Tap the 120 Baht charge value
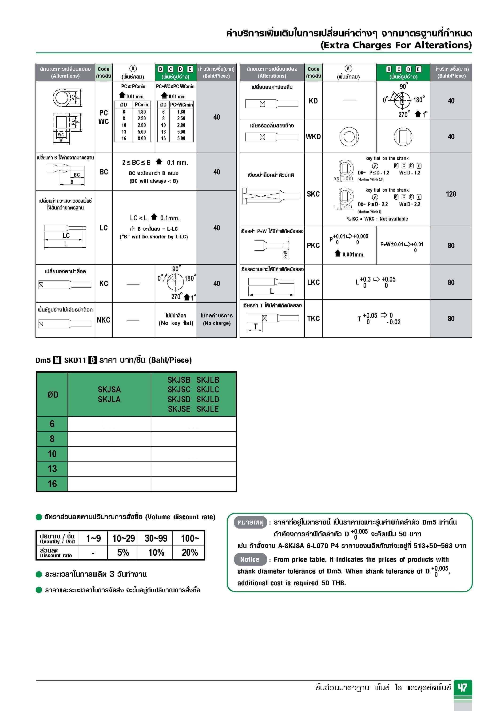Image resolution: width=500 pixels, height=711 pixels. point(451,194)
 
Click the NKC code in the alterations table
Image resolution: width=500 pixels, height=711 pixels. point(103,320)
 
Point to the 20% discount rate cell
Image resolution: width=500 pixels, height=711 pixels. point(190,553)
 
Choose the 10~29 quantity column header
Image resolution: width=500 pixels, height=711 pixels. point(123,538)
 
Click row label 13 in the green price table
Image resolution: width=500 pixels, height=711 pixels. point(52,469)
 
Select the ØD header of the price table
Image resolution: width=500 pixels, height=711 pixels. point(53,395)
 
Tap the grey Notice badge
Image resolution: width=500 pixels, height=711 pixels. point(250,559)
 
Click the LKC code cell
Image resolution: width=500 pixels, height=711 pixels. point(313,282)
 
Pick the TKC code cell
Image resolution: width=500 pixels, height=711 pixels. point(313,318)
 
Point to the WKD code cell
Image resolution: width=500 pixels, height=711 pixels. point(313,137)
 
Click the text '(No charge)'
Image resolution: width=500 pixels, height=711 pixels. point(217,323)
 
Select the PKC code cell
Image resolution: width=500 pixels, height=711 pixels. point(313,245)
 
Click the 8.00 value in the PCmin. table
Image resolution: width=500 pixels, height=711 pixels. point(142,138)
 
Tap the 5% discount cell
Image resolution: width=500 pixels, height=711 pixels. point(123,553)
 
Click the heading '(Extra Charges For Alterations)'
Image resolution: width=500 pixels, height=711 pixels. point(396,45)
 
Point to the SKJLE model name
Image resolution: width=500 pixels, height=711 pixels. point(208,409)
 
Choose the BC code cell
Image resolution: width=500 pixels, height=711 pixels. point(103,172)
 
